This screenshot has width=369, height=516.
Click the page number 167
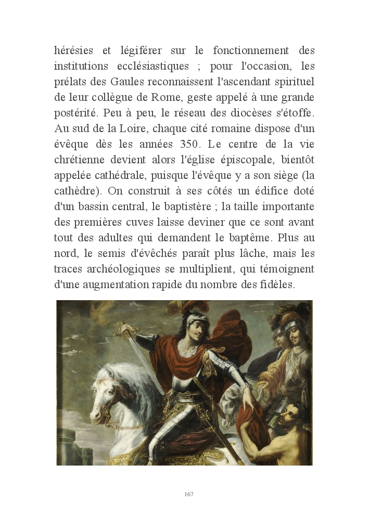[x=189, y=494]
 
